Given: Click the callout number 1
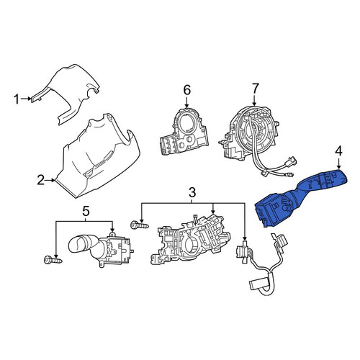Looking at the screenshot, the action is [x=17, y=99].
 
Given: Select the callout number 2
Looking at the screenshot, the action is [x=40, y=180].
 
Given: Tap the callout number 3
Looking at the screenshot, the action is [x=192, y=192].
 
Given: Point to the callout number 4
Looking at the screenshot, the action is [x=338, y=151].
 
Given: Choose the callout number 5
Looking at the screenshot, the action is [x=86, y=211].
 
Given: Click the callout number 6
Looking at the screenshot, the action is [x=187, y=90].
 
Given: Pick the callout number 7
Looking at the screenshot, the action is [x=255, y=89].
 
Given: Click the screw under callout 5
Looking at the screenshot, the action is [x=53, y=260].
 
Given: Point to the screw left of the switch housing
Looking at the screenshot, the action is [x=140, y=225].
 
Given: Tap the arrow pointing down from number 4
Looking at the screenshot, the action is [x=338, y=163].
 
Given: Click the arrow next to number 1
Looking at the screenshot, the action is [x=26, y=99].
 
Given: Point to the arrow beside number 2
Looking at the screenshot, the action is [x=50, y=180].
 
